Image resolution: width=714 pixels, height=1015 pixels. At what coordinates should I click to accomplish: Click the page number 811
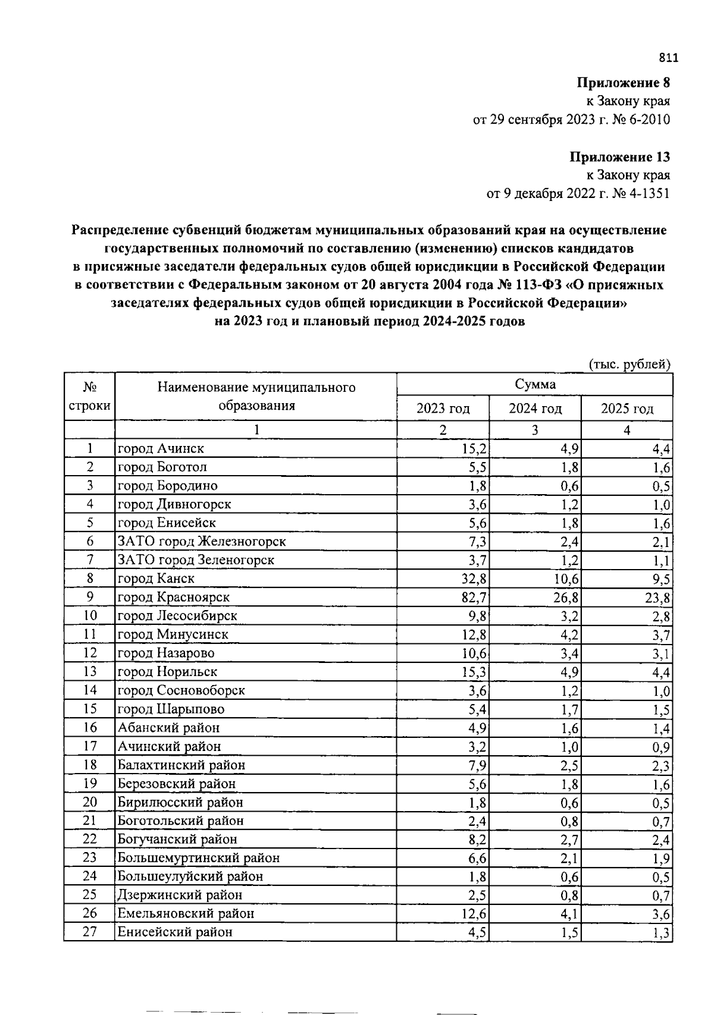[x=668, y=58]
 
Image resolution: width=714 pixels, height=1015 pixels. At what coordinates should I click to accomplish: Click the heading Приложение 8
[x=623, y=83]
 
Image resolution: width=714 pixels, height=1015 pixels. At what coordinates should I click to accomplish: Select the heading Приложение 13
[x=619, y=157]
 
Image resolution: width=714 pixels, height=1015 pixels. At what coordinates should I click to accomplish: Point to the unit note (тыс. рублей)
[x=630, y=364]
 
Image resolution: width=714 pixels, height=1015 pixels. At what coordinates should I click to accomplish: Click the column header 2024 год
[x=535, y=408]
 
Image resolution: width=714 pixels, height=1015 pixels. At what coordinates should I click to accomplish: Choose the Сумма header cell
[x=535, y=384]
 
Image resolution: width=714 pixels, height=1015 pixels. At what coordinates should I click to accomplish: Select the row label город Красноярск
[x=174, y=597]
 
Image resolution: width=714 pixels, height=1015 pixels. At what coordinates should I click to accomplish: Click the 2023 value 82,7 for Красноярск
[x=474, y=598]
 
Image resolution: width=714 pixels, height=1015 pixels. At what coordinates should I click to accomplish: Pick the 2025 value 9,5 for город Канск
[x=660, y=579]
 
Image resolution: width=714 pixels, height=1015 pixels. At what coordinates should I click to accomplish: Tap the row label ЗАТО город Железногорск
[x=202, y=541]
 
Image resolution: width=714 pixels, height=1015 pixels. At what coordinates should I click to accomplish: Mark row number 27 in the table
[x=89, y=931]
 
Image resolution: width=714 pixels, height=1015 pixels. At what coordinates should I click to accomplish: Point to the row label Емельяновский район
[x=186, y=913]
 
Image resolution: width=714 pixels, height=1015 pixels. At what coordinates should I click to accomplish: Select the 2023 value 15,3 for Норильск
[x=474, y=672]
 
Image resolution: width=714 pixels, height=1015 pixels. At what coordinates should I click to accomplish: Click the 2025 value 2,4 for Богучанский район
[x=660, y=840]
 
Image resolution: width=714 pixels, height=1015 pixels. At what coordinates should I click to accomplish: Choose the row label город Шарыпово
[x=171, y=709]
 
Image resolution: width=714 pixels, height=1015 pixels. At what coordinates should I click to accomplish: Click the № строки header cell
[x=89, y=397]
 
